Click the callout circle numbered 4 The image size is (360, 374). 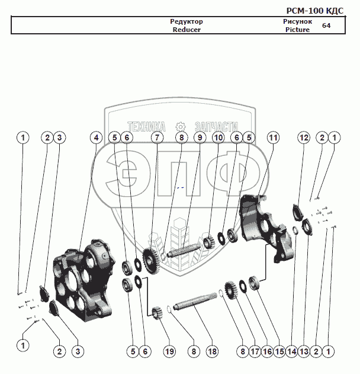(96, 138)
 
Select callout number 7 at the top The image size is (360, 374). (156, 138)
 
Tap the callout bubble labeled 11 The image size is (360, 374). (272, 138)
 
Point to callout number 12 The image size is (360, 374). (304, 138)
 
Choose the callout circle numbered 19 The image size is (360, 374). (169, 351)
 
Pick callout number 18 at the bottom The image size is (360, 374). (212, 351)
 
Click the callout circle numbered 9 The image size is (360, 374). (200, 138)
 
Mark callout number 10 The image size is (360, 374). (218, 138)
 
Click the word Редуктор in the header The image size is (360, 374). (187, 22)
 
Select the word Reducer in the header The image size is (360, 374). (187, 30)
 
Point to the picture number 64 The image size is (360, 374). (326, 25)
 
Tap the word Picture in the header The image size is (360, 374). (297, 30)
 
